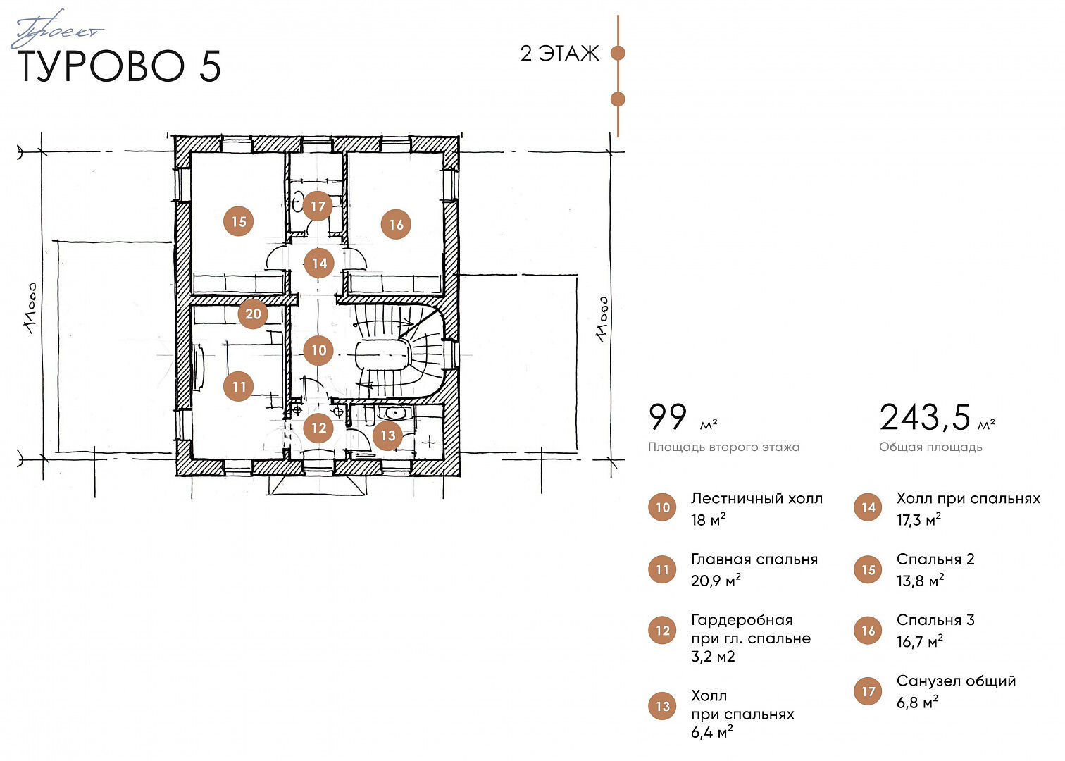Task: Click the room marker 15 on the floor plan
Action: point(238,221)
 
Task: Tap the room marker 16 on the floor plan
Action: point(396,225)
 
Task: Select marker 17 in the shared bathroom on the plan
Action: point(318,206)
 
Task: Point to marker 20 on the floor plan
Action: point(252,314)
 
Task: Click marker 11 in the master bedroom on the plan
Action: point(238,386)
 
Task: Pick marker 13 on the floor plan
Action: point(387,435)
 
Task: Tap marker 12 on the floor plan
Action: point(318,428)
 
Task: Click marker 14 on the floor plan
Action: point(319,263)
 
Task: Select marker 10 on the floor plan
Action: point(318,350)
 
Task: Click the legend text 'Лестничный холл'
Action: point(756,498)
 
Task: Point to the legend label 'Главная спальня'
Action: point(754,559)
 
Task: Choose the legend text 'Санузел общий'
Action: point(956,681)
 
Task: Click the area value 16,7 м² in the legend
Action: point(919,642)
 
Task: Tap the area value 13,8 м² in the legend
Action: point(920,581)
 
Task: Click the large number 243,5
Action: point(925,417)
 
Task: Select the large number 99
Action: point(668,416)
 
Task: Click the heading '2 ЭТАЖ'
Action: point(559,54)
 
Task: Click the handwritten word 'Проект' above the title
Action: point(57,30)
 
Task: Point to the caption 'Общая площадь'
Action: point(930,447)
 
